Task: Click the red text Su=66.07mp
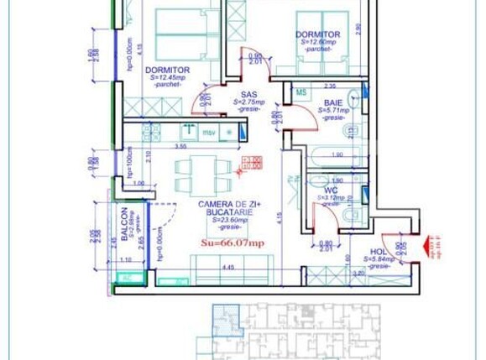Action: (233, 243)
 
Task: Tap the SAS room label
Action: (248, 95)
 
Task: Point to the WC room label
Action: (331, 190)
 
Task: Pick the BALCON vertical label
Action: (124, 224)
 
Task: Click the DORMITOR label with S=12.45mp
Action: (167, 70)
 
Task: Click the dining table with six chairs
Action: (202, 175)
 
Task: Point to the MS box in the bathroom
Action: (300, 92)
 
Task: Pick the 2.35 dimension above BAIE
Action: (331, 85)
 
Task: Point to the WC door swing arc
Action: (325, 220)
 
